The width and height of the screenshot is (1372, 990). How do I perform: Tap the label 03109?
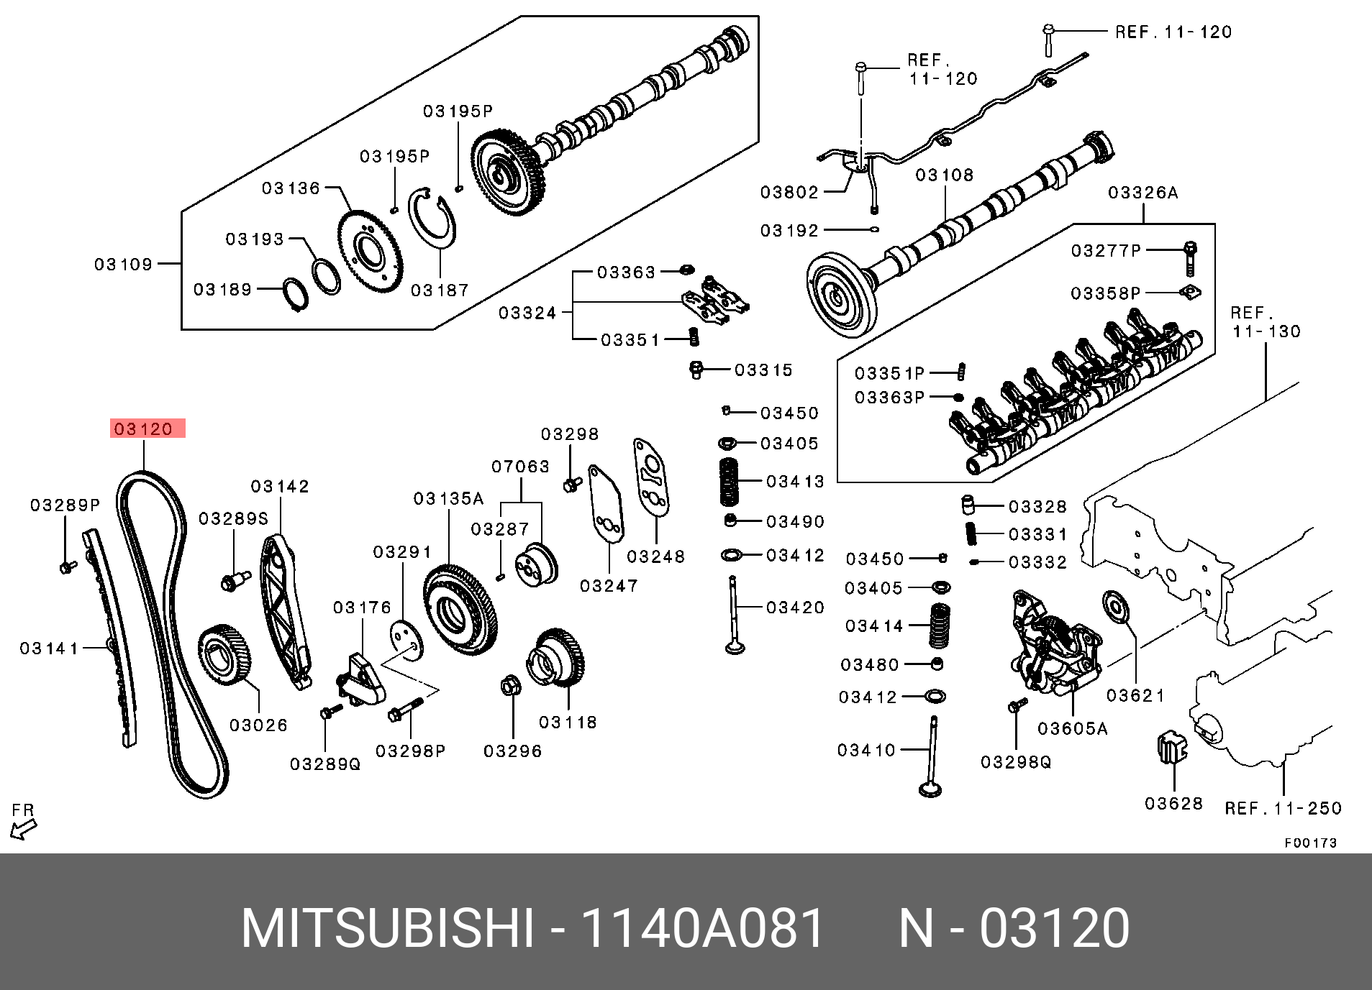tap(124, 265)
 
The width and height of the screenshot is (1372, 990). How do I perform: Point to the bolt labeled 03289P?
tap(66, 567)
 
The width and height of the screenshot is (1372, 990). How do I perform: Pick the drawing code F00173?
tap(1310, 843)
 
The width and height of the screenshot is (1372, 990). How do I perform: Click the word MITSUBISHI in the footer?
tap(388, 929)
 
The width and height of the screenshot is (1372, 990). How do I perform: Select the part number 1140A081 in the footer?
tap(702, 929)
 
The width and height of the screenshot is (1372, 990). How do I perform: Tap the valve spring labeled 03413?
tap(729, 481)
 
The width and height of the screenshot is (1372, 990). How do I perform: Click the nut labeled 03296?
tap(510, 687)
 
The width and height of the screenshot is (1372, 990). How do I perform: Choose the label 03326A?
tap(1142, 193)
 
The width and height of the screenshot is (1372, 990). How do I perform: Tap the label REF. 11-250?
tap(1283, 809)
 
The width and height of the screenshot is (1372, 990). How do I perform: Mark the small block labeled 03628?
tap(1171, 749)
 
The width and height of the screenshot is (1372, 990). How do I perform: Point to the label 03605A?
tap(1072, 729)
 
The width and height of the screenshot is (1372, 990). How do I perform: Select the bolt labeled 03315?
tap(696, 370)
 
